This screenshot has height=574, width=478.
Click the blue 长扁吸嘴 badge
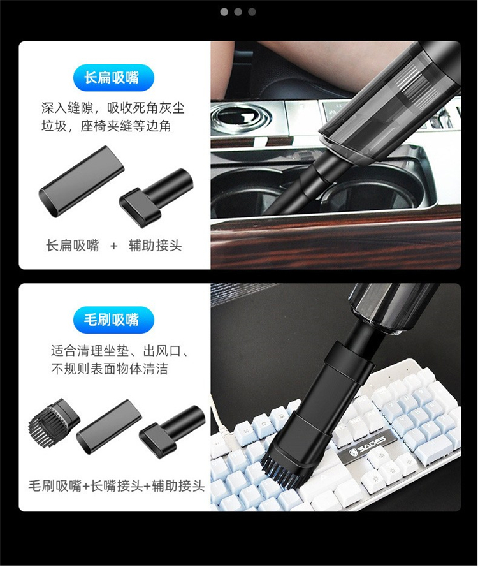point(113,78)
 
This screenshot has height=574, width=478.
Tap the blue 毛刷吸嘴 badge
point(113,320)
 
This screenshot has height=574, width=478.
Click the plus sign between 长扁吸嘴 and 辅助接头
point(113,246)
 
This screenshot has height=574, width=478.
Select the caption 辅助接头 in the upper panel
point(155,246)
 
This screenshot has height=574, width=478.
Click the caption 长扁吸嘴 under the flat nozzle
point(73,246)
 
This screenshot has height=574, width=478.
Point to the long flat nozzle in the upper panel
point(82,182)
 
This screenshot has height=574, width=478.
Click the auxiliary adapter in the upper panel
point(156,192)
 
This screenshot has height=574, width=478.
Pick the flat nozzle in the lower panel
point(108,427)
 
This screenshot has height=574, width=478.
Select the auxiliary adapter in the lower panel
point(172,429)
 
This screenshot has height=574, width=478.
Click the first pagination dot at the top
point(224,11)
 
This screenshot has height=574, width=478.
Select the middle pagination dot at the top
point(238,11)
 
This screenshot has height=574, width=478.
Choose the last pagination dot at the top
point(252,11)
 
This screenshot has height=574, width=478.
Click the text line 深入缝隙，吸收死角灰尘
point(113,108)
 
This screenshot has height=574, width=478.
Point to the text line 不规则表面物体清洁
point(110,369)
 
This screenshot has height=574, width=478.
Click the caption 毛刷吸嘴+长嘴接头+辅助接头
point(116,486)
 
